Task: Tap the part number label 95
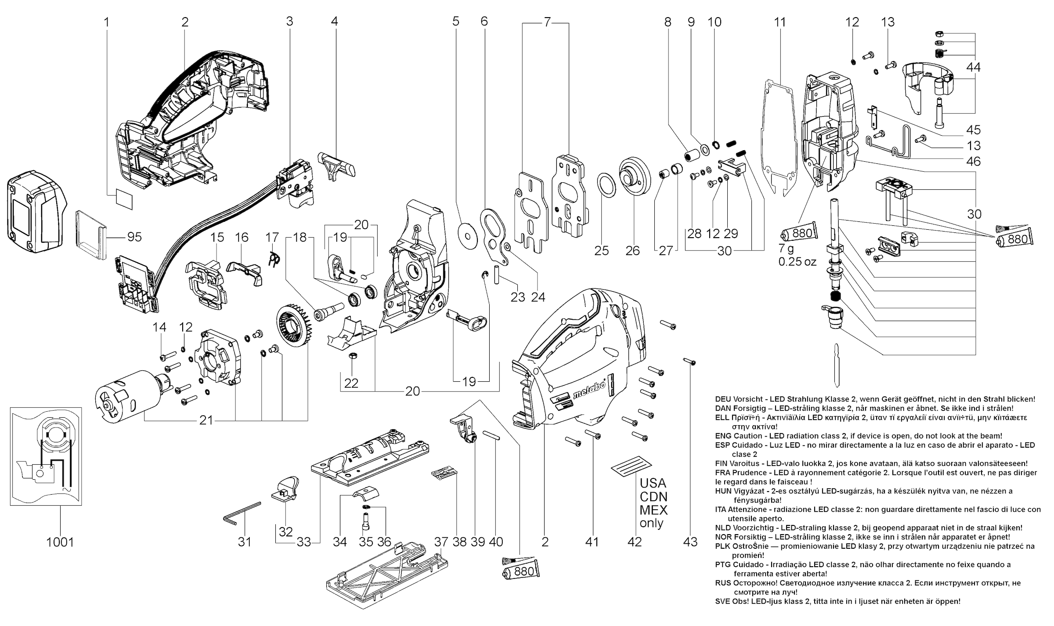[134, 237]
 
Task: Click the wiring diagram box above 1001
[46, 456]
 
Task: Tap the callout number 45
[973, 130]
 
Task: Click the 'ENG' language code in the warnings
[723, 436]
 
